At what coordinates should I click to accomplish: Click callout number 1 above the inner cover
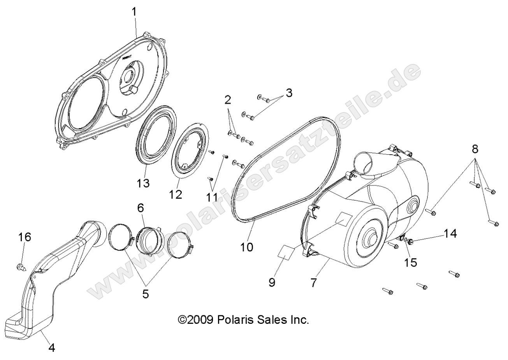point(134,12)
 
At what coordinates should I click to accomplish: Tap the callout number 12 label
point(175,194)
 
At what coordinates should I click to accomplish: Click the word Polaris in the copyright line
point(238,320)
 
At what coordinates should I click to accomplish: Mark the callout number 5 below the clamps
point(145,294)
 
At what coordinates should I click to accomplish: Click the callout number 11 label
point(212,197)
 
